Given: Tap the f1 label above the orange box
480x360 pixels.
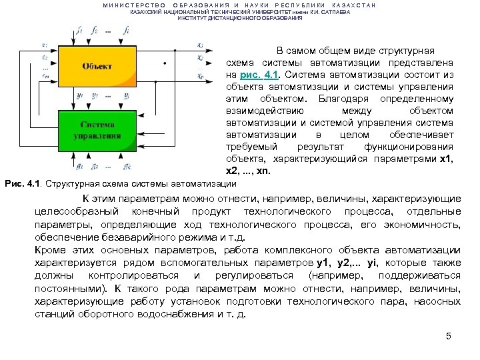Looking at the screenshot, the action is click(79, 31).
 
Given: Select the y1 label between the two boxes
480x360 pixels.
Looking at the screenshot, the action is click(79, 95).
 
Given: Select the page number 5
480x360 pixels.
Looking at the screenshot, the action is click(449, 335).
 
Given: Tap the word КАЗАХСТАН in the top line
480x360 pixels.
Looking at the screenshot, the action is click(353, 5).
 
